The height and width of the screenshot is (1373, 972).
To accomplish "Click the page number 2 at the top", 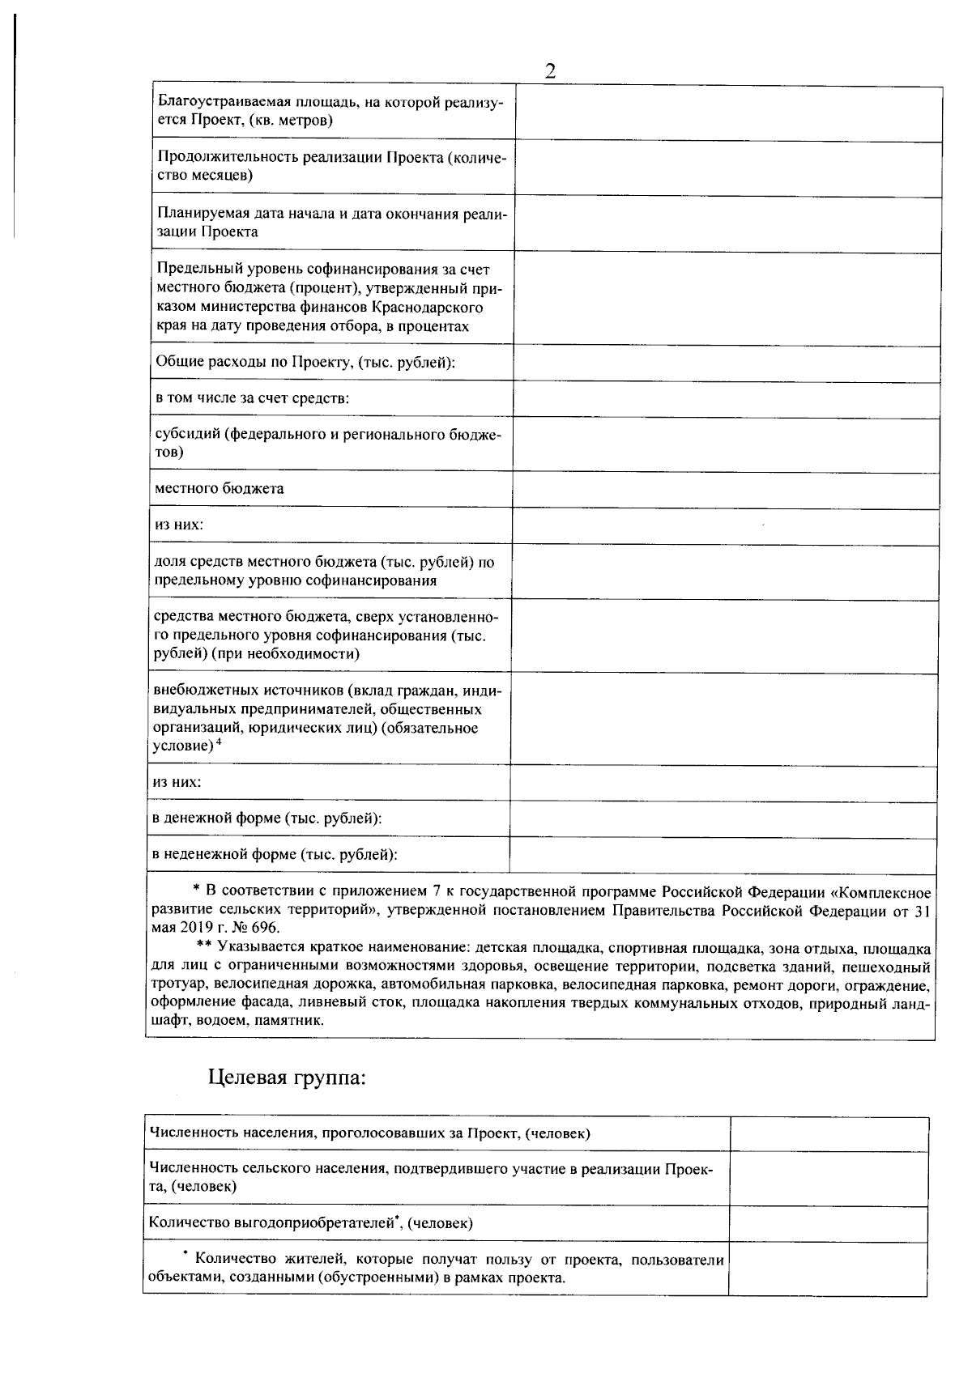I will tap(550, 71).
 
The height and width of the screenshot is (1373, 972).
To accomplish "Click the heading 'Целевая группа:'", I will tap(287, 1078).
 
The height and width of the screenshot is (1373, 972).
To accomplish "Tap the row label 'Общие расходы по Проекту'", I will tap(305, 362).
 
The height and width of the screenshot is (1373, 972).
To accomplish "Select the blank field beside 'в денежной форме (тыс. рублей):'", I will tap(723, 820).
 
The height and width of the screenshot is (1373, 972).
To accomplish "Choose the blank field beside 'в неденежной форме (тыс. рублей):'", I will tap(723, 856).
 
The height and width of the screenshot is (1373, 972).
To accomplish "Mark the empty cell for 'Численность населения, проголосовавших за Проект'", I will tap(829, 1134).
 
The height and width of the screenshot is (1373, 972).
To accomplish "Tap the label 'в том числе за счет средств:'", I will tap(252, 398).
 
